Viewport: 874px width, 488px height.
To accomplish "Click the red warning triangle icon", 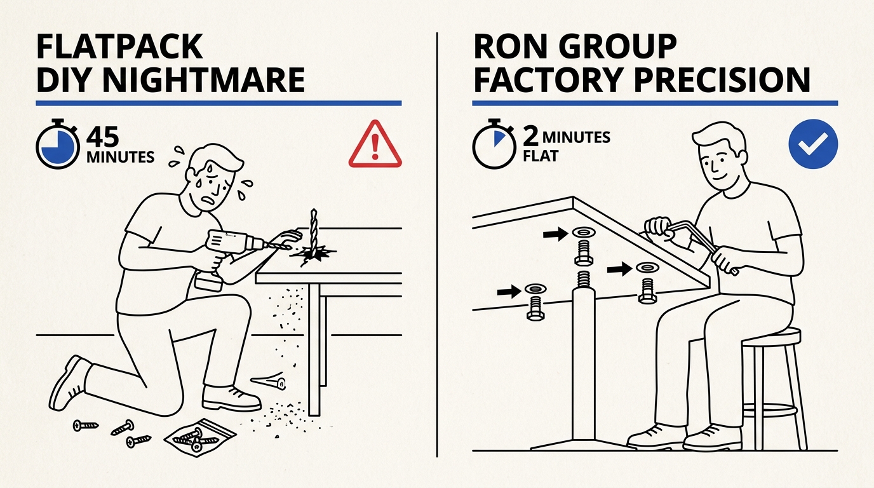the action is point(375,144).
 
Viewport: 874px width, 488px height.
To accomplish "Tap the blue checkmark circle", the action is point(813,144).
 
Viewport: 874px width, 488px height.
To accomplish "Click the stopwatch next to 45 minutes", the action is point(57,144).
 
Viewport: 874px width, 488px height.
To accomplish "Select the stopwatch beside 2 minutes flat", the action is point(494,144).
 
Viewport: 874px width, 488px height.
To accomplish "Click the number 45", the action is point(103,137).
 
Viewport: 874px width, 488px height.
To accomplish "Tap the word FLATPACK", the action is point(119,46).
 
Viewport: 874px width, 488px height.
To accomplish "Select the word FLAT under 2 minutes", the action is point(541,156).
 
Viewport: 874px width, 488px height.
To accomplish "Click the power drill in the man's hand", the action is point(226,254).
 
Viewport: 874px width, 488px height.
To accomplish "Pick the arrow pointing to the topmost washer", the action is point(556,234).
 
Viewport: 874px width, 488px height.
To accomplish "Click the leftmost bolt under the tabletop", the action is point(535,308).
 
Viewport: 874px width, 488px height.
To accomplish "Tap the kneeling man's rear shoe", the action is point(71,382).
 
